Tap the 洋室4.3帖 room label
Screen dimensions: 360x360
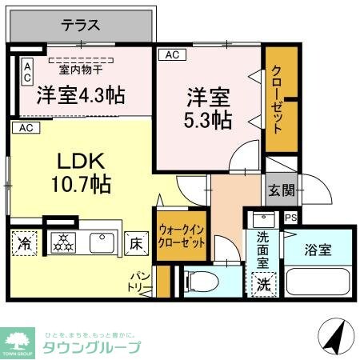tap(80, 95)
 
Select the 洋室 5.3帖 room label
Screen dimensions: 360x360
tap(210, 110)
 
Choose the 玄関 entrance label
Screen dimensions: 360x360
tap(281, 190)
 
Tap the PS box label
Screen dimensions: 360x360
tap(291, 217)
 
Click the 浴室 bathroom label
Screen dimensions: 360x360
tap(318, 250)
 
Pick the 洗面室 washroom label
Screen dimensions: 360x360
tap(262, 249)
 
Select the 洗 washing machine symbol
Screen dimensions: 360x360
tap(262, 283)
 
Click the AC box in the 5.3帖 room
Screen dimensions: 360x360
tap(170, 55)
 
